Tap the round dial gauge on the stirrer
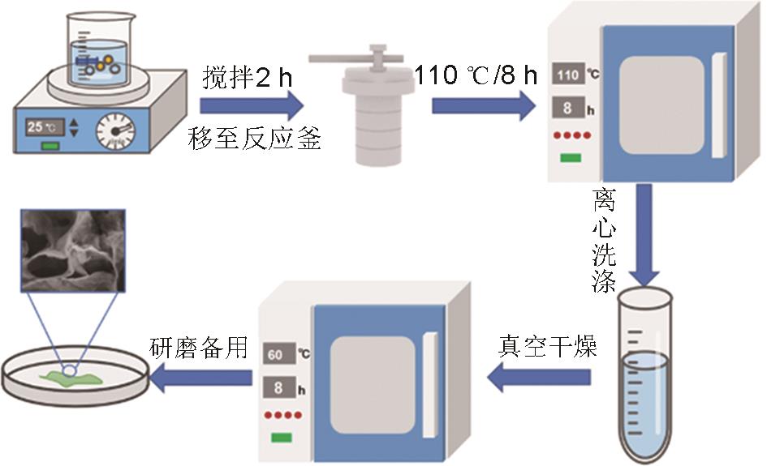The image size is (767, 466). point(115,130)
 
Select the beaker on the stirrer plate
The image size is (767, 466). point(97,49)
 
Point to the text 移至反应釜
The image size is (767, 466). point(253,139)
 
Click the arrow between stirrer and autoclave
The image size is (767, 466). point(251,107)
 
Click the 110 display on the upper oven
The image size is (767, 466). point(568,75)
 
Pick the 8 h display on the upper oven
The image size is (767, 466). point(568,107)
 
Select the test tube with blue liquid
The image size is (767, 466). point(646,377)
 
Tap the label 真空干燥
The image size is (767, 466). point(547,348)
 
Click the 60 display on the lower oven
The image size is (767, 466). point(276,354)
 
